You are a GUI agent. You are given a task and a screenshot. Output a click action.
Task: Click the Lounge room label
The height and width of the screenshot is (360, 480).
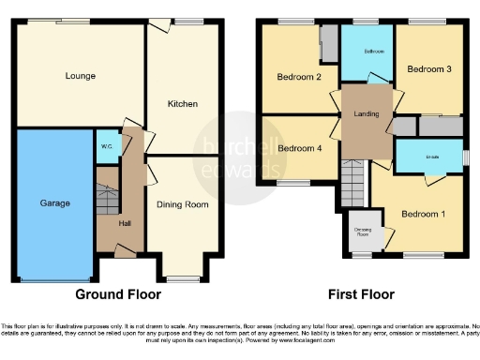tap(80, 75)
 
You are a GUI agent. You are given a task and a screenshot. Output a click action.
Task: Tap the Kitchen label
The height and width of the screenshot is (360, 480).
tap(182, 103)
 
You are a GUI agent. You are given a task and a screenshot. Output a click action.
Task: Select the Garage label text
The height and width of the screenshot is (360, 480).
tap(54, 202)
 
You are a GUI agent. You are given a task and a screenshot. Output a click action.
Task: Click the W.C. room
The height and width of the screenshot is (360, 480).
tap(105, 146)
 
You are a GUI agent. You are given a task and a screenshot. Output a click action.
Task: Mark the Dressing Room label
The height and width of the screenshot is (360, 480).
tap(362, 231)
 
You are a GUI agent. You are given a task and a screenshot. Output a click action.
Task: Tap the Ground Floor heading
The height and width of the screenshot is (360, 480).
tap(117, 294)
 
